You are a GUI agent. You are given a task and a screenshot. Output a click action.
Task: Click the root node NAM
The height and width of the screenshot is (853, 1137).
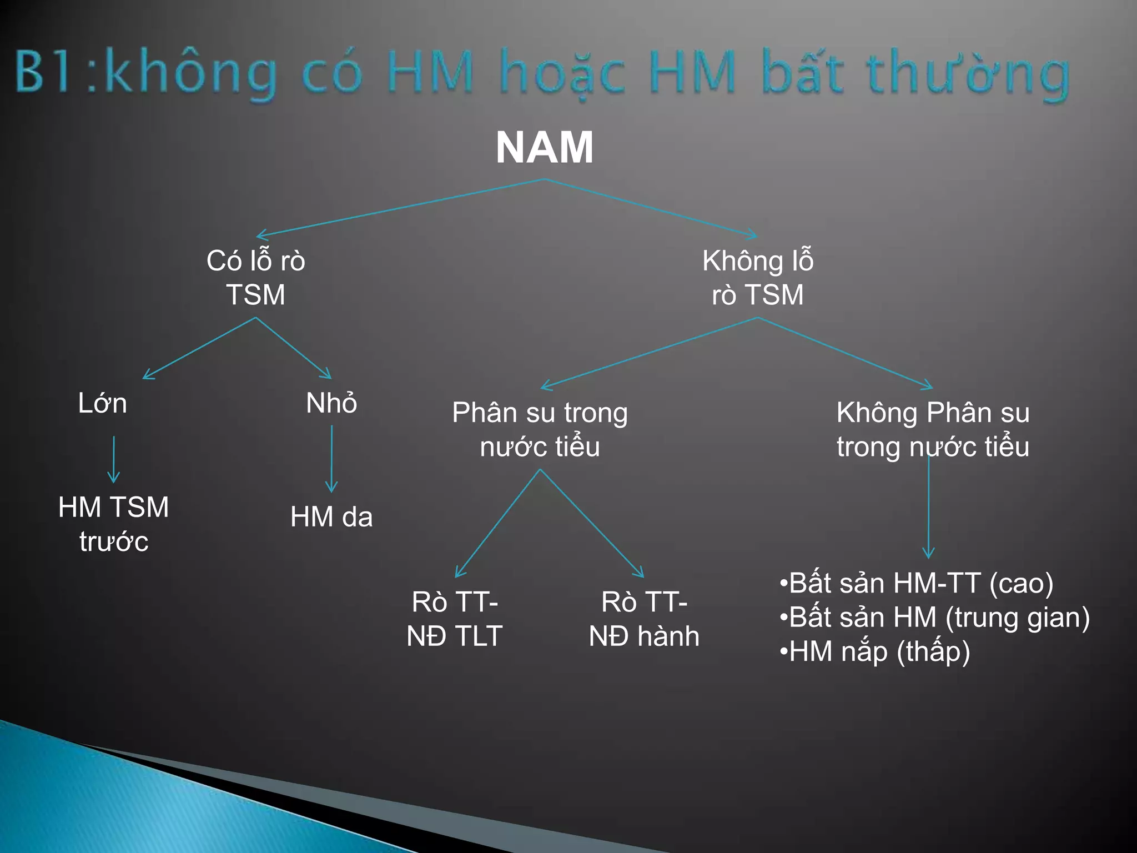click(x=545, y=148)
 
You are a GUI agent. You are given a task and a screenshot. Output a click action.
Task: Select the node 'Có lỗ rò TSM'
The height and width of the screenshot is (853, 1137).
click(x=256, y=277)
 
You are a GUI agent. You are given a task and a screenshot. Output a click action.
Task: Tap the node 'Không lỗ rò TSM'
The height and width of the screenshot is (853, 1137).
click(x=758, y=277)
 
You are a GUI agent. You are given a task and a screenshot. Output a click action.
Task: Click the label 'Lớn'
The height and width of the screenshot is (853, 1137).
click(x=103, y=403)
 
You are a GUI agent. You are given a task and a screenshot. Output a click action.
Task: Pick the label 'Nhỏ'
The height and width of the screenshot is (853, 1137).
click(x=331, y=403)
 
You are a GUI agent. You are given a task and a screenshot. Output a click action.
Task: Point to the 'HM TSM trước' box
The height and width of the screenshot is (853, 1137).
click(x=114, y=524)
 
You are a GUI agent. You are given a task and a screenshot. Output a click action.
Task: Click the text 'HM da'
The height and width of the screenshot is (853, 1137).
click(x=331, y=516)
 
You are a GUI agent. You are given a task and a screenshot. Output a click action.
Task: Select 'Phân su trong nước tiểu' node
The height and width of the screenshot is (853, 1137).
click(x=540, y=429)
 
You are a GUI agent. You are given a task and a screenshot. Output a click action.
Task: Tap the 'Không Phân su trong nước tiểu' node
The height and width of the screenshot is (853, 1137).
click(x=933, y=429)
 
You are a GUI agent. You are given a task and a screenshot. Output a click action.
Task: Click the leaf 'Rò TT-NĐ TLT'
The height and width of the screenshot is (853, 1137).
click(x=455, y=619)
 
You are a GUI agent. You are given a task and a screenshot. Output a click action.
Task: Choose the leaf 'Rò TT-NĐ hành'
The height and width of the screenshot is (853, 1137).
click(x=644, y=619)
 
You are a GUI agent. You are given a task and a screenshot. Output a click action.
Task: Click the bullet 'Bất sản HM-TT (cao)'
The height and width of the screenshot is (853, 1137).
click(x=916, y=583)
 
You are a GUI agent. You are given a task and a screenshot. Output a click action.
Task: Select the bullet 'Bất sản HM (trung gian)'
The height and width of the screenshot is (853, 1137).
click(x=935, y=617)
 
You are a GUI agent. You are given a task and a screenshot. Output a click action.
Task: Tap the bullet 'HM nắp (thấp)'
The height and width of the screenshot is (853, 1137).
click(x=875, y=651)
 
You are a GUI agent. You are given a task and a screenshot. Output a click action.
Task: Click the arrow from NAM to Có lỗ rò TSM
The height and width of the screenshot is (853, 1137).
click(x=400, y=207)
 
